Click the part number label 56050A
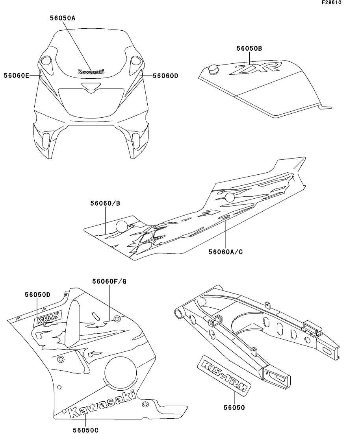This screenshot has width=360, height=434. (x=65, y=18)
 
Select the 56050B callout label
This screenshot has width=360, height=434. (x=249, y=48)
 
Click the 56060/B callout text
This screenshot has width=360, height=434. (x=105, y=203)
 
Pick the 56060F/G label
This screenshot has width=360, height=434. (x=109, y=281)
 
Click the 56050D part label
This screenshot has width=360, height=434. (x=37, y=295)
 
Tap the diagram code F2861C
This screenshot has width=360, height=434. (x=331, y=3)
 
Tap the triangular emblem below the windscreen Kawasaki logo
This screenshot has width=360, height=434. (x=91, y=87)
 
